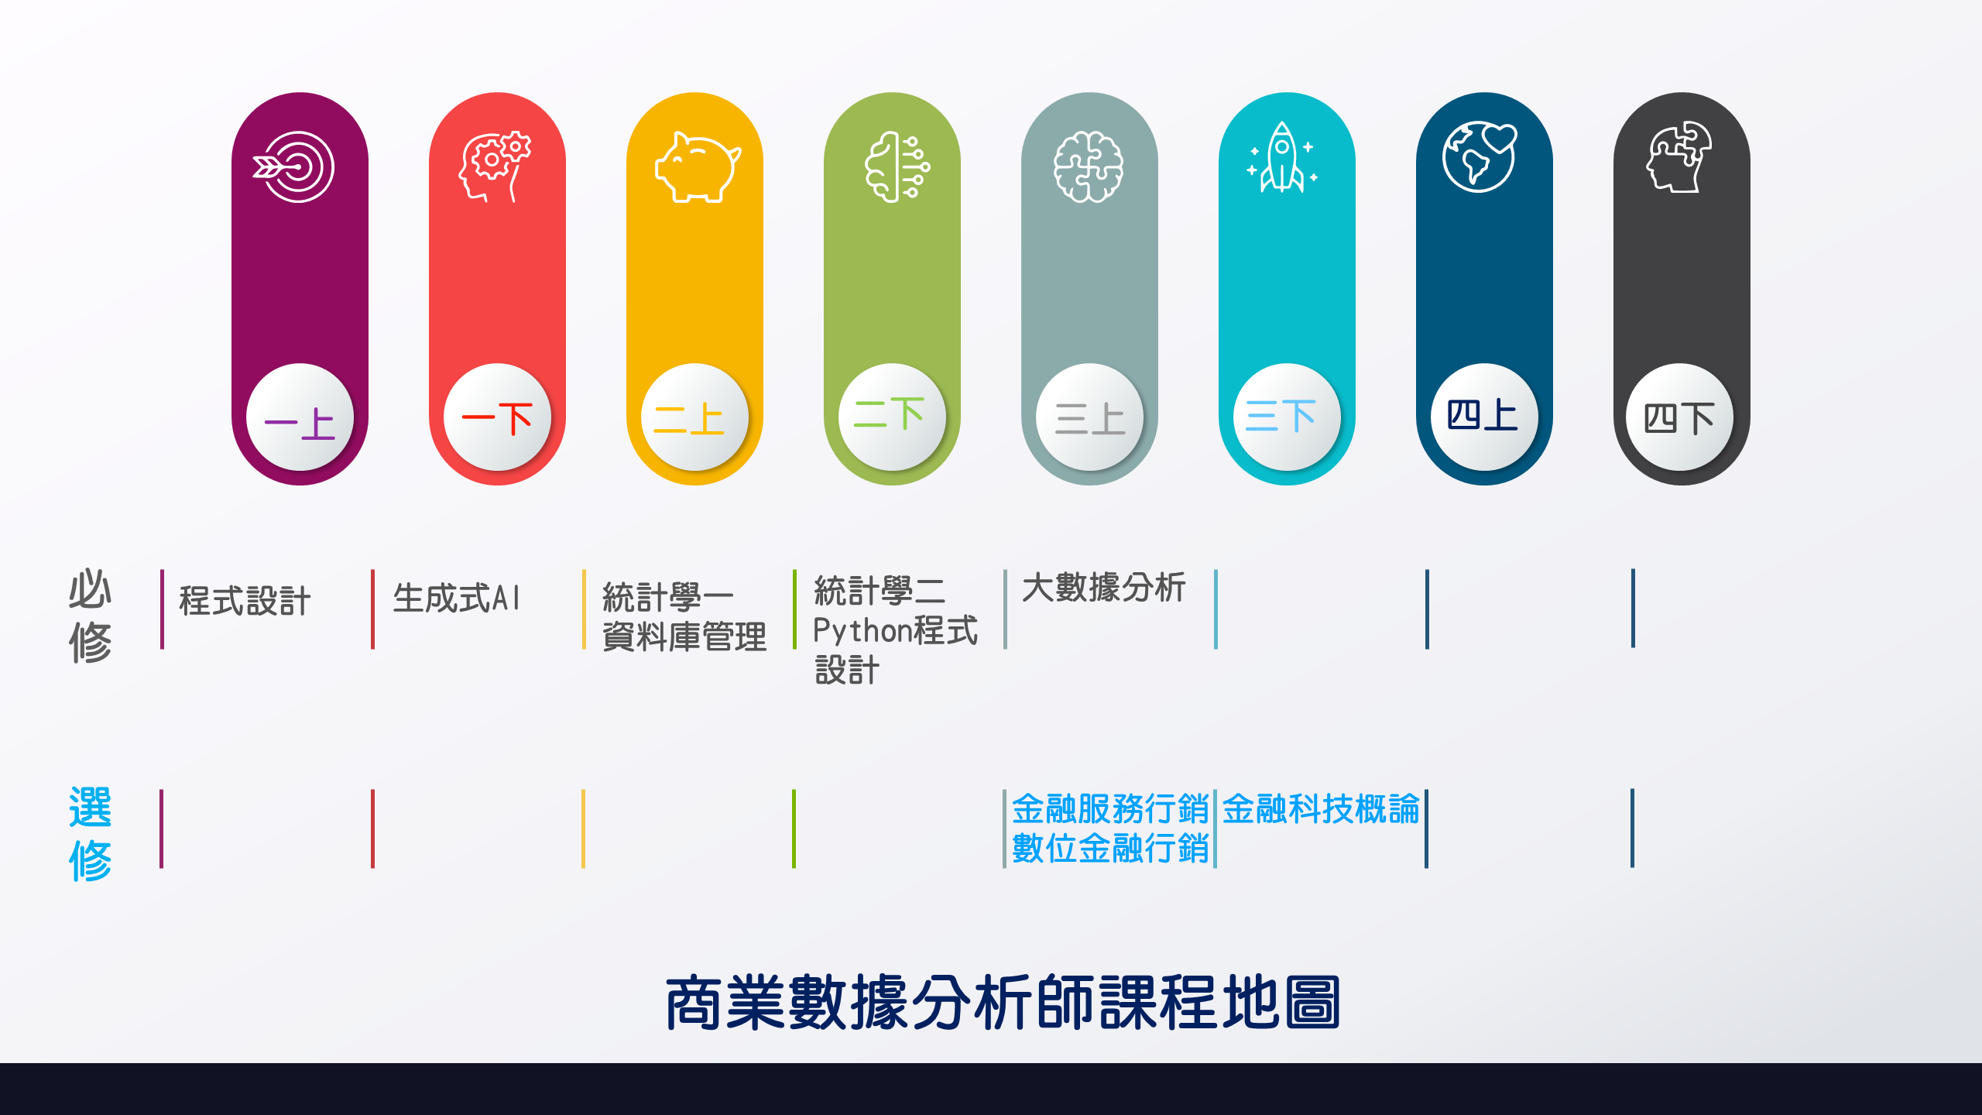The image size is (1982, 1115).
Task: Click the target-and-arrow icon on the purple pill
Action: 293,166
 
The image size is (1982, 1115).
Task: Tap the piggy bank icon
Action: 698,167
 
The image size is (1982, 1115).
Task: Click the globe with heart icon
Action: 1480,156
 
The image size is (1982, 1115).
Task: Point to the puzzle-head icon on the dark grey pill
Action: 1678,156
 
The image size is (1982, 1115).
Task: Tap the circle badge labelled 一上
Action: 300,417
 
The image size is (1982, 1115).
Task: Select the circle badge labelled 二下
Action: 892,417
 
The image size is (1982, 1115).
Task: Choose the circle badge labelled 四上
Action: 1484,417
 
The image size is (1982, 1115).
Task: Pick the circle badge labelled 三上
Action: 1089,417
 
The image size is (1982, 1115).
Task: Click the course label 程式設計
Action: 245,601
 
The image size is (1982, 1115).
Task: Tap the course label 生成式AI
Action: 457,599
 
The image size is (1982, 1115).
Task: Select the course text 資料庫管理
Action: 684,637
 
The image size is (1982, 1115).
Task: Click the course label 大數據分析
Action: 1104,588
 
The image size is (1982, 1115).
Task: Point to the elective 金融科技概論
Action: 1321,809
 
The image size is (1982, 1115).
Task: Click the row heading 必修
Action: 91,616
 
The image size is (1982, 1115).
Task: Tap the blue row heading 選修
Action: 91,834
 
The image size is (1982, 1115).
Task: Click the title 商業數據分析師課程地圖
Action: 1003,1003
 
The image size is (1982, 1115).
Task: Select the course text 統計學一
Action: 668,598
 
